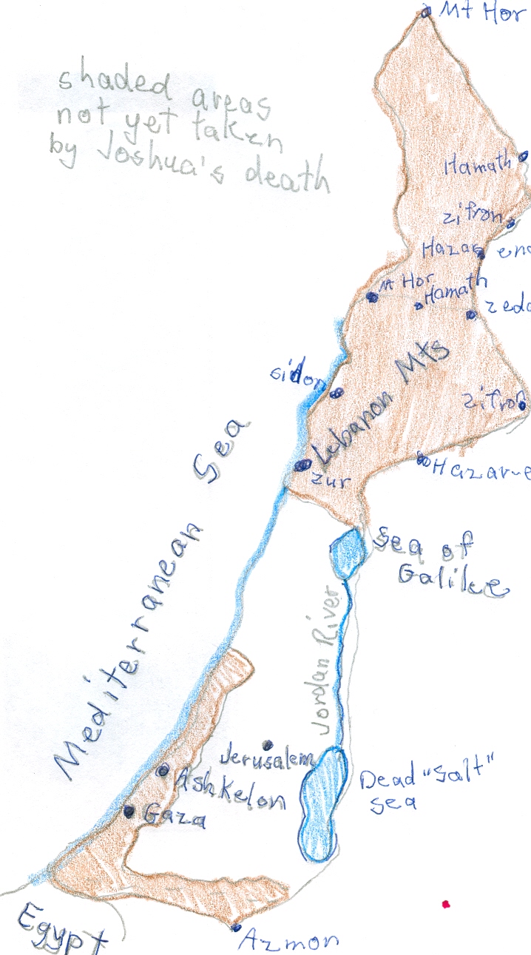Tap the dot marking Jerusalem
pos(267,745)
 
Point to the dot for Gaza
pos(129,811)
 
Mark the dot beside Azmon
pos(236,928)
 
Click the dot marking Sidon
pos(336,393)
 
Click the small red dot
pos(445,904)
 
